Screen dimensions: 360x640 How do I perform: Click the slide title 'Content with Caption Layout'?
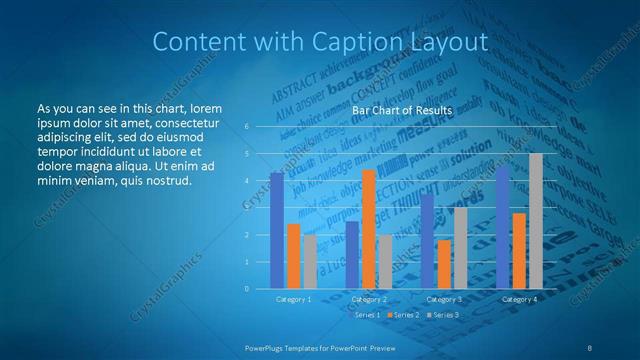[x=320, y=41]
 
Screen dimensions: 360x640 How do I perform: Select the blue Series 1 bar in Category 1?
[x=277, y=230]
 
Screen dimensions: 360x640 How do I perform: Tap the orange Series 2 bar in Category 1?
[x=293, y=256]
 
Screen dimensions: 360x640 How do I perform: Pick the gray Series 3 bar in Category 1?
[x=309, y=261]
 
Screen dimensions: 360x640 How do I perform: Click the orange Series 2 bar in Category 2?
[x=368, y=229]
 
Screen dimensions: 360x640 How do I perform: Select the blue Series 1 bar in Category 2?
[x=352, y=255]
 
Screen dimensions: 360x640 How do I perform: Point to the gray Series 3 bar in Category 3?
[x=460, y=248]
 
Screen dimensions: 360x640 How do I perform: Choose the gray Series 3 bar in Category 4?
[x=536, y=221]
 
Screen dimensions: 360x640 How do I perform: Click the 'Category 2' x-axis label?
[x=369, y=299]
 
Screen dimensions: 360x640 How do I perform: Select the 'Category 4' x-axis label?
[x=520, y=299]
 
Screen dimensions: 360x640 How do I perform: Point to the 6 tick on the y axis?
[x=247, y=127]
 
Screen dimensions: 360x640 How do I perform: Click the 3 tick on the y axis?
[x=247, y=208]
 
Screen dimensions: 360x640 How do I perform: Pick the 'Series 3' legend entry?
[x=445, y=315]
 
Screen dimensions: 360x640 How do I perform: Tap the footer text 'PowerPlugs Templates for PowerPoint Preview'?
[x=320, y=346]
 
